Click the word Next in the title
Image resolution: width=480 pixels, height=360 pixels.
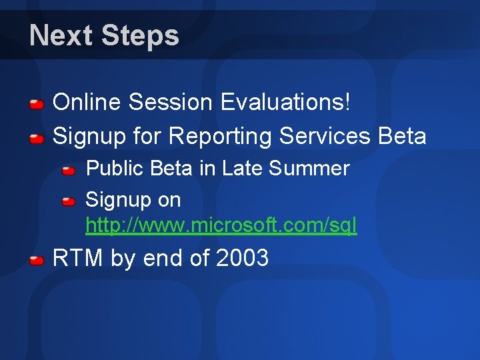pyautogui.click(x=61, y=35)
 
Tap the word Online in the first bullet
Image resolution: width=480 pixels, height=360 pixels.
pyautogui.click(x=87, y=103)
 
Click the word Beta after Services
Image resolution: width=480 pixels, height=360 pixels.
pyautogui.click(x=401, y=136)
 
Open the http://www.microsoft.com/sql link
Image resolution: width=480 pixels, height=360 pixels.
pyautogui.click(x=221, y=226)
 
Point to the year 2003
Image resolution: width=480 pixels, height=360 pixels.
pyautogui.click(x=243, y=257)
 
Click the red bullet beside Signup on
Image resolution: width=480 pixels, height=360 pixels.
pyautogui.click(x=69, y=201)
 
